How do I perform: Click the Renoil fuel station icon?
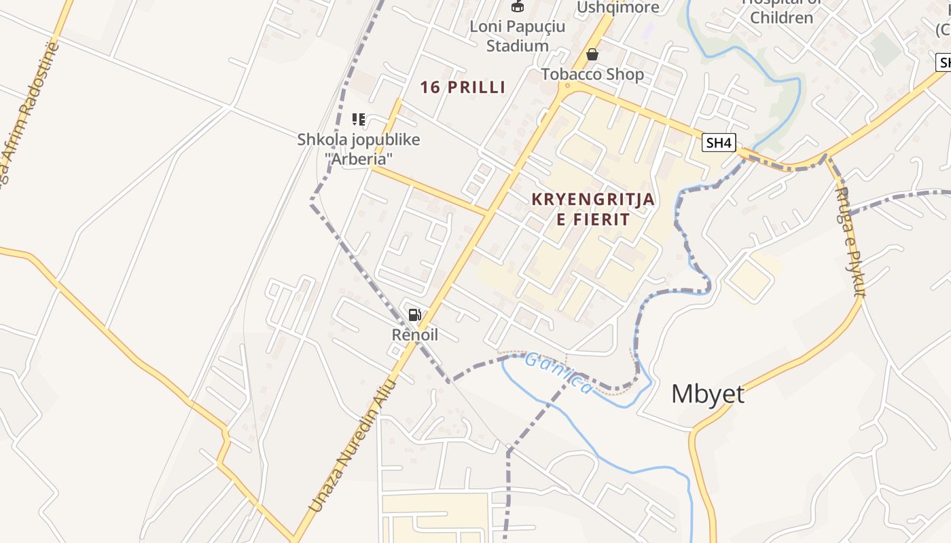coord(414,314)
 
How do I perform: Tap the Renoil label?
coord(414,335)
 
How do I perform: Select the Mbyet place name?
coord(707,394)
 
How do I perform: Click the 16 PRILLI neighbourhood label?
coord(463,87)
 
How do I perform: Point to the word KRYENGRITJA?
coord(593,200)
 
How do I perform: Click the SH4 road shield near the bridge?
coord(719,143)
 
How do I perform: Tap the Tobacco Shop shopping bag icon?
coord(592,54)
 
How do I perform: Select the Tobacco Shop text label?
coord(592,74)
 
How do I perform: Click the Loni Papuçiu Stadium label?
coord(518,37)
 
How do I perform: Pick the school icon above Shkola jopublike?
coord(359,120)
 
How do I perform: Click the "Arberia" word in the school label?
coord(359,159)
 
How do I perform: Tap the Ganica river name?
coord(558,373)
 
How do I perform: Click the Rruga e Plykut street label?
coord(850,242)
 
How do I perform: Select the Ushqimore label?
coord(618,7)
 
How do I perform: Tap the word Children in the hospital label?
coord(781,18)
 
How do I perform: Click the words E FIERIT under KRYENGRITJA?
coord(593,219)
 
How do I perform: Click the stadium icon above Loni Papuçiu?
coord(518,6)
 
